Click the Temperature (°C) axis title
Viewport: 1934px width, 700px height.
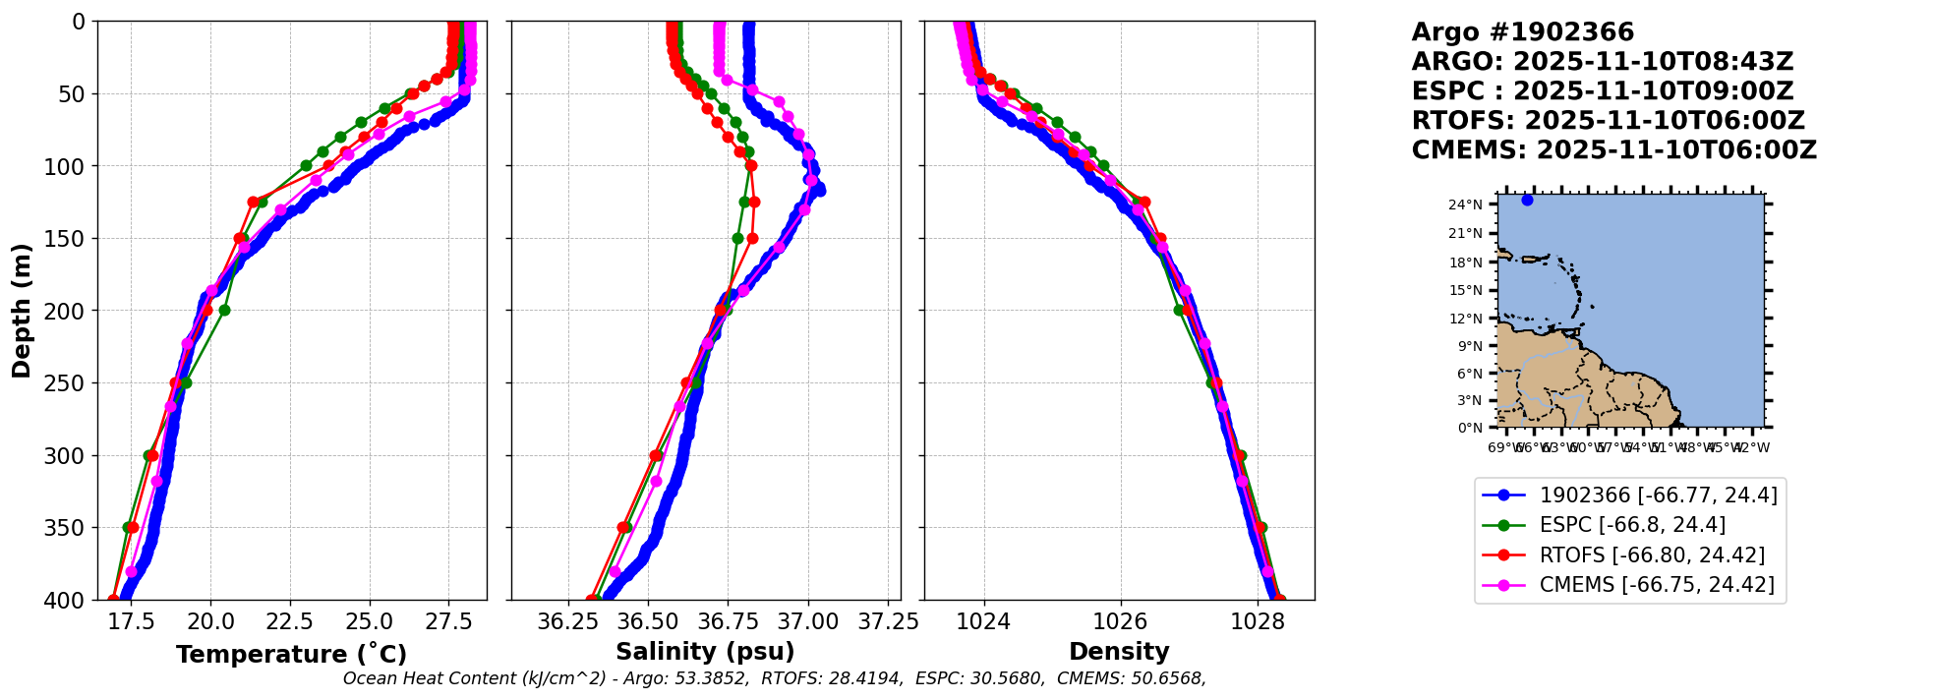[291, 655]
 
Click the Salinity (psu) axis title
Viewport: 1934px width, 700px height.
[705, 652]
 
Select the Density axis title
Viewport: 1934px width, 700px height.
[1119, 652]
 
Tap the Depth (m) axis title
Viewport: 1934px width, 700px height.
[22, 311]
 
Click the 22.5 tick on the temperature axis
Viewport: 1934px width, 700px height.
[290, 621]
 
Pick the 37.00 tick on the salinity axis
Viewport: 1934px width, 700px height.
[807, 621]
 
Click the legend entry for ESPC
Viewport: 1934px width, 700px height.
[1632, 525]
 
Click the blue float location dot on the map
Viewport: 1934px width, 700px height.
[1527, 200]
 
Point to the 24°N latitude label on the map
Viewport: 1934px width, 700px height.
[1465, 204]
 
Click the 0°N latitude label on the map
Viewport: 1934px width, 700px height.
[1469, 428]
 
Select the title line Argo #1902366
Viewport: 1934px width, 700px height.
[1522, 32]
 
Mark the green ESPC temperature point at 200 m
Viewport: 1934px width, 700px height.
[224, 311]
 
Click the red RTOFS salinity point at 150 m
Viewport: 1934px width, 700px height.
[752, 238]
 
